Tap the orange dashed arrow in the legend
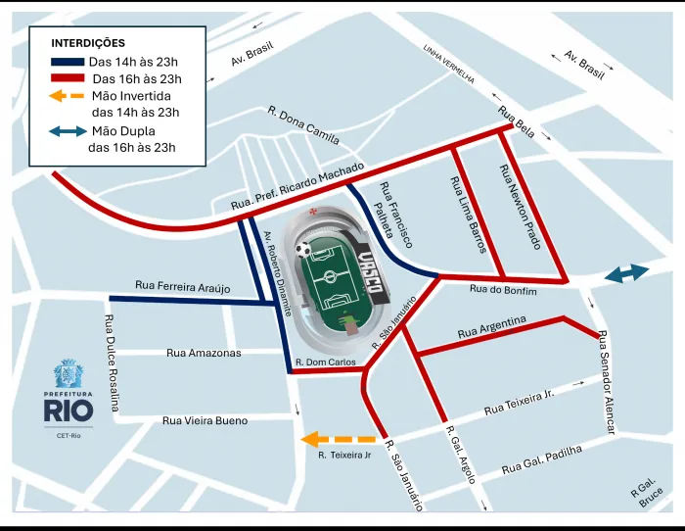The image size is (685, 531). click(x=65, y=96)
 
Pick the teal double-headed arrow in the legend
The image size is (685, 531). click(x=65, y=131)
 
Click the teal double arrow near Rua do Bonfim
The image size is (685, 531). click(x=626, y=274)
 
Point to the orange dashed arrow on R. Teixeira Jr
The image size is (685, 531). click(x=338, y=440)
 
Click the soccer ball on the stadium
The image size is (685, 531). click(x=305, y=250)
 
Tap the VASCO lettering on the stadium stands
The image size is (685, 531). click(x=370, y=270)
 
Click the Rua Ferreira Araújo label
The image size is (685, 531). click(x=182, y=286)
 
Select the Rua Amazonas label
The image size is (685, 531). click(x=203, y=352)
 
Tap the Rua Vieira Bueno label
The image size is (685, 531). click(x=205, y=420)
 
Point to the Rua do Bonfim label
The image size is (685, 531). click(x=503, y=289)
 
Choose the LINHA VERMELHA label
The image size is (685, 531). click(x=448, y=64)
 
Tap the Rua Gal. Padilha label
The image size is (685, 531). click(x=541, y=460)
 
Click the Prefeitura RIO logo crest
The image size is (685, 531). click(x=68, y=375)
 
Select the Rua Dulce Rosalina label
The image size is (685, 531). click(x=111, y=363)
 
